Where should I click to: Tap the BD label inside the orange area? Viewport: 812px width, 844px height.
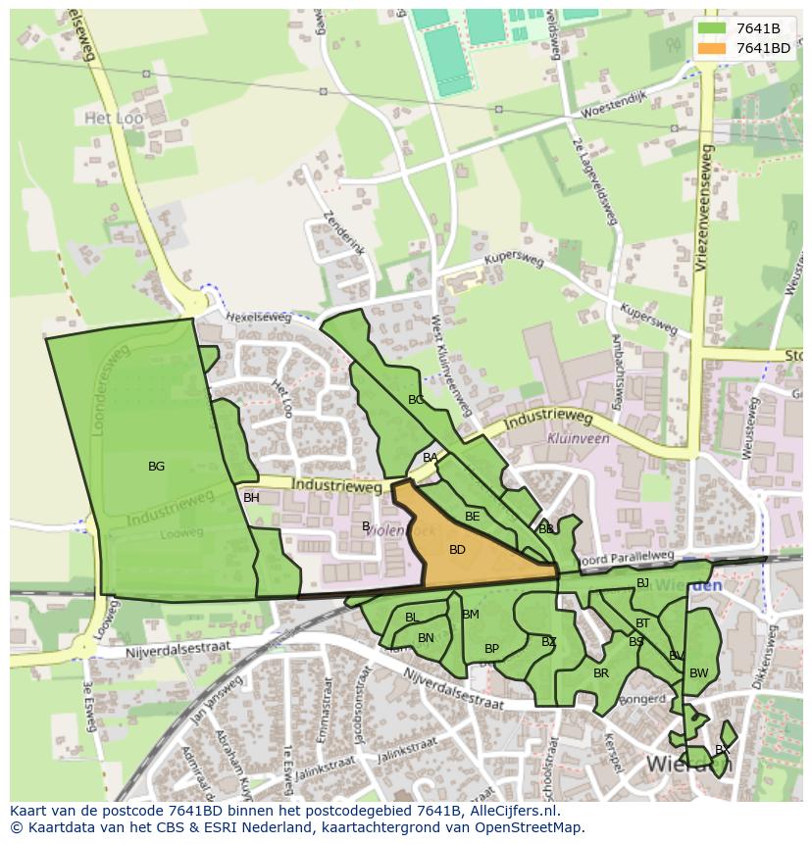tap(457, 550)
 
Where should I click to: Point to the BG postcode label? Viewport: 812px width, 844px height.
tap(156, 467)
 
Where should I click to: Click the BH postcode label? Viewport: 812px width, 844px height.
tap(251, 498)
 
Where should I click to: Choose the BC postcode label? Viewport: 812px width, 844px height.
tap(416, 400)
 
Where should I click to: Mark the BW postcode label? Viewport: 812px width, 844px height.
tap(698, 673)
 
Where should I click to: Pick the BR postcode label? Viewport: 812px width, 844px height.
tap(601, 673)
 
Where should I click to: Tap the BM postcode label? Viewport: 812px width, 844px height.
tap(471, 615)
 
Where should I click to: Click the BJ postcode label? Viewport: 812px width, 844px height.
tap(642, 583)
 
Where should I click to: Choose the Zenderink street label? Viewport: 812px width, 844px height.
tap(343, 233)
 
